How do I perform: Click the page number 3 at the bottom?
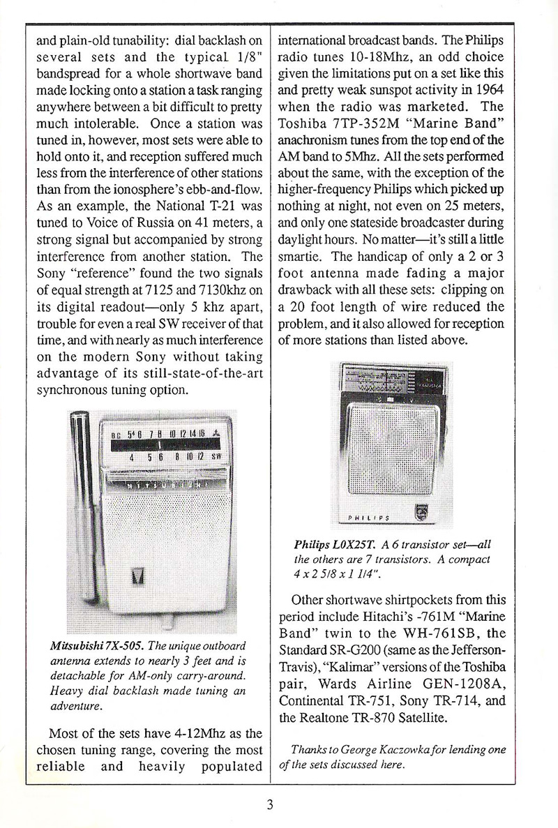[269, 804]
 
